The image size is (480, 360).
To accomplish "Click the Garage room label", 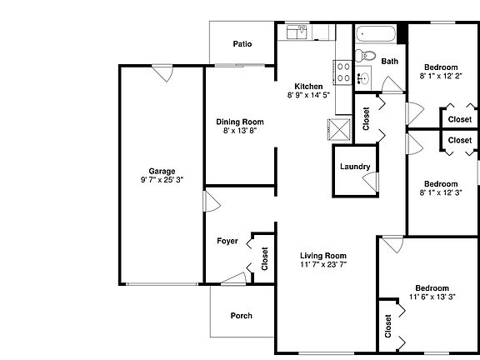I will [162, 172].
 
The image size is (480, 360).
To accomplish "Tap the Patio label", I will [242, 44].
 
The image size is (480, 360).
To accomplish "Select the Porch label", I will [242, 316].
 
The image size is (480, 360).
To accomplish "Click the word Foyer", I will [227, 242].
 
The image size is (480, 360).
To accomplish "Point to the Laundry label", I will [355, 167].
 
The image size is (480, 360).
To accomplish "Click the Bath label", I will [389, 61].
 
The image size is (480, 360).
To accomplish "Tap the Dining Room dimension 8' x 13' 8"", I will [240, 131].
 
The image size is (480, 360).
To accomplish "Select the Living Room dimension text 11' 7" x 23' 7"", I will [323, 264].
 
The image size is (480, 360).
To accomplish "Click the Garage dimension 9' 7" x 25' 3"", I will [162, 181].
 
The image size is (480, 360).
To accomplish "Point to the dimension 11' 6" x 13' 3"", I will [432, 297].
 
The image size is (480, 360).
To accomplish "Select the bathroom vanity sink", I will [362, 80].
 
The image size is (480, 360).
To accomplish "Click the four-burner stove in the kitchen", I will [342, 72].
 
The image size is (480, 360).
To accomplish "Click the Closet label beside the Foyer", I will [265, 260].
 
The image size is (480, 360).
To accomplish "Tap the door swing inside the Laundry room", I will [367, 181].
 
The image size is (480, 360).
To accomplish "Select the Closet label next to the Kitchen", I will [366, 119].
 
